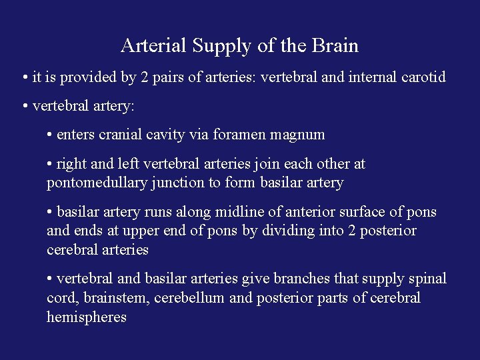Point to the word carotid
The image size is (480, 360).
click(x=423, y=77)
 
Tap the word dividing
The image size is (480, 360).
click(x=282, y=231)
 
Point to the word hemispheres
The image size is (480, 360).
click(x=87, y=317)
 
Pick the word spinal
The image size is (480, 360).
click(x=427, y=279)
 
